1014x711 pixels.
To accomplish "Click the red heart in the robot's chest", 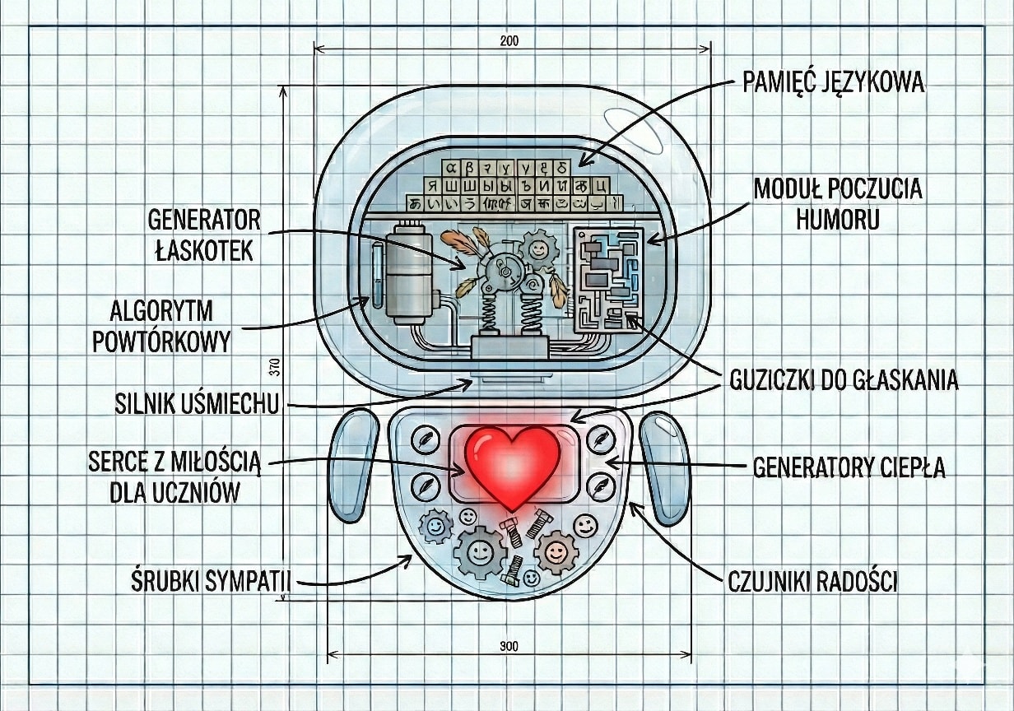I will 512,465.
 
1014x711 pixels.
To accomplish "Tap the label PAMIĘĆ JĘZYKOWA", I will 833,83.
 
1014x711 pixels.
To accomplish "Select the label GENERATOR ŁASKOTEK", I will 204,235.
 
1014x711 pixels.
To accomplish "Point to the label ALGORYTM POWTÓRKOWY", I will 161,326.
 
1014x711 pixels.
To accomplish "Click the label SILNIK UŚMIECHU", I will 197,404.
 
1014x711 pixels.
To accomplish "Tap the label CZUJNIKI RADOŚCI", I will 812,582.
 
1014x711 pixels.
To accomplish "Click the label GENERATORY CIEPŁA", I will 849,467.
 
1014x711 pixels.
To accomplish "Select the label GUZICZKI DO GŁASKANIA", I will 844,380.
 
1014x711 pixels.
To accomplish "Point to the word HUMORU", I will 838,219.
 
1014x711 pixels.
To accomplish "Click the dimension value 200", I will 509,41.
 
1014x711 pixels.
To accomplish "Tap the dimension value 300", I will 509,646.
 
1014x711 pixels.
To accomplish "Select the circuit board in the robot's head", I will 607,276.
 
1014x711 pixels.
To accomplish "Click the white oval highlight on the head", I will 633,129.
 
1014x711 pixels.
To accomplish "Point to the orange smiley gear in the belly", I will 556,551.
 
